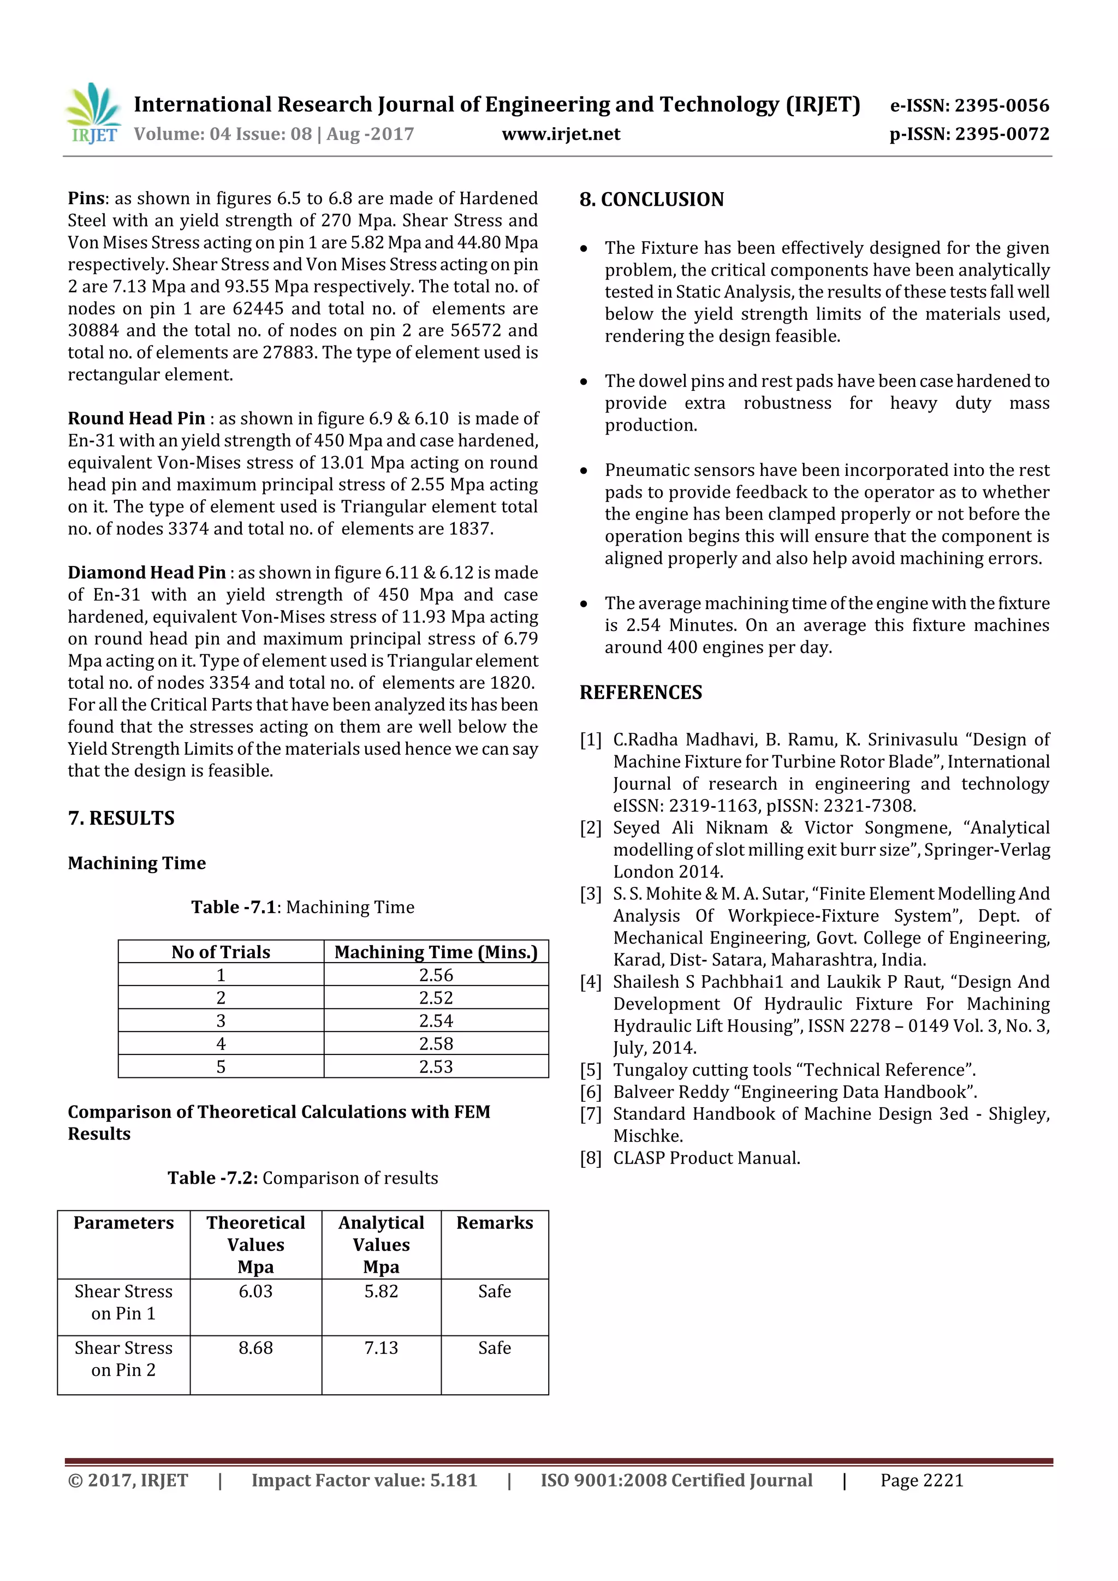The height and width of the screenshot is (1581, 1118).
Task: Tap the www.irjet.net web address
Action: point(561,134)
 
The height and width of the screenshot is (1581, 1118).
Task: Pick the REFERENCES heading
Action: point(641,693)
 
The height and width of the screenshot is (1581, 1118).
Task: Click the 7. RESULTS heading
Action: point(121,818)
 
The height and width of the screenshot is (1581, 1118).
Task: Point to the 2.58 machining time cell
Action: point(436,1044)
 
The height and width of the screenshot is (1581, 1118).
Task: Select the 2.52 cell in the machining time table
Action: point(436,998)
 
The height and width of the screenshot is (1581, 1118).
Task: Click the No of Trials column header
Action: point(221,952)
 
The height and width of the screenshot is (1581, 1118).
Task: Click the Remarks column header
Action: point(495,1223)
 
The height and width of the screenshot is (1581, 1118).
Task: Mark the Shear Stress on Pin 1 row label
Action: point(123,1302)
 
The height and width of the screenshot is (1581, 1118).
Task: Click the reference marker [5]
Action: point(590,1070)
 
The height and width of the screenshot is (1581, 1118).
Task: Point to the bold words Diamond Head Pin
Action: point(147,573)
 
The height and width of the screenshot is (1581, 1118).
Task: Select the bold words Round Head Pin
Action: point(136,419)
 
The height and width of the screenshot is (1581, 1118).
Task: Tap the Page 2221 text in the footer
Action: point(921,1481)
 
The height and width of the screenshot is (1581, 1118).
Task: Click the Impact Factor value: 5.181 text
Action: point(364,1481)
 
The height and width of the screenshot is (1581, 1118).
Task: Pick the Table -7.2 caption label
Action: point(213,1178)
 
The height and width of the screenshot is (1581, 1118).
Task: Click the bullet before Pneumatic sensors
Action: point(584,471)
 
